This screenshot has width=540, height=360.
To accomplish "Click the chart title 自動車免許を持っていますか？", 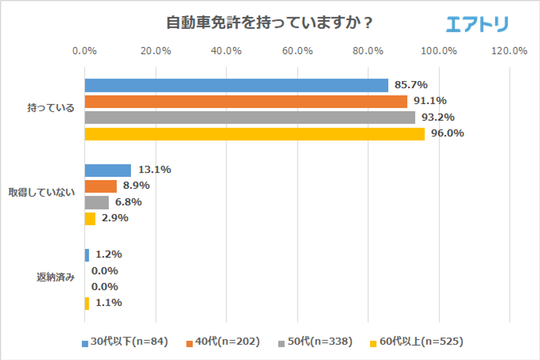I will pos(270,22).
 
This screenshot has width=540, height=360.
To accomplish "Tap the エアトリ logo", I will pos(477,24).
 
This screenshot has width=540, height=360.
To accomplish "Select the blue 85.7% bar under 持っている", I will pos(236,85).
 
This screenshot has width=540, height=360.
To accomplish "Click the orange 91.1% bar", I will pos(246,102).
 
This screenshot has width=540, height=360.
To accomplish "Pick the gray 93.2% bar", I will pos(249,118).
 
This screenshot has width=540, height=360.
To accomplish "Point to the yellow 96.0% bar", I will pos(255,134).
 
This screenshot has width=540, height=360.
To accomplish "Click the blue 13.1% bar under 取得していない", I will pos(107,170).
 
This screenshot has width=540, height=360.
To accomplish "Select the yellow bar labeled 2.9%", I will pos(90,219).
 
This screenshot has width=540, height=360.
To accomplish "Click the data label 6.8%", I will pos(127,202).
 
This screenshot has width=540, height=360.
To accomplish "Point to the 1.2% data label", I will pos(108,255).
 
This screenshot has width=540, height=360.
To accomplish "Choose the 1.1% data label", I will pos(108,303).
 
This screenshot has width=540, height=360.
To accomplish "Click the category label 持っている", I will pos(51,108).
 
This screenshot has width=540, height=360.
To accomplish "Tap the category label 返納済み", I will pos(55,278).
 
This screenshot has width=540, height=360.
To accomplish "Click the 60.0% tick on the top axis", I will pos(297,51).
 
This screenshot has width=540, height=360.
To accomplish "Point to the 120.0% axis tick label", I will pos(509,51).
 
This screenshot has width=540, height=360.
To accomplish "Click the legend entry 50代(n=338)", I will pos(312,341).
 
